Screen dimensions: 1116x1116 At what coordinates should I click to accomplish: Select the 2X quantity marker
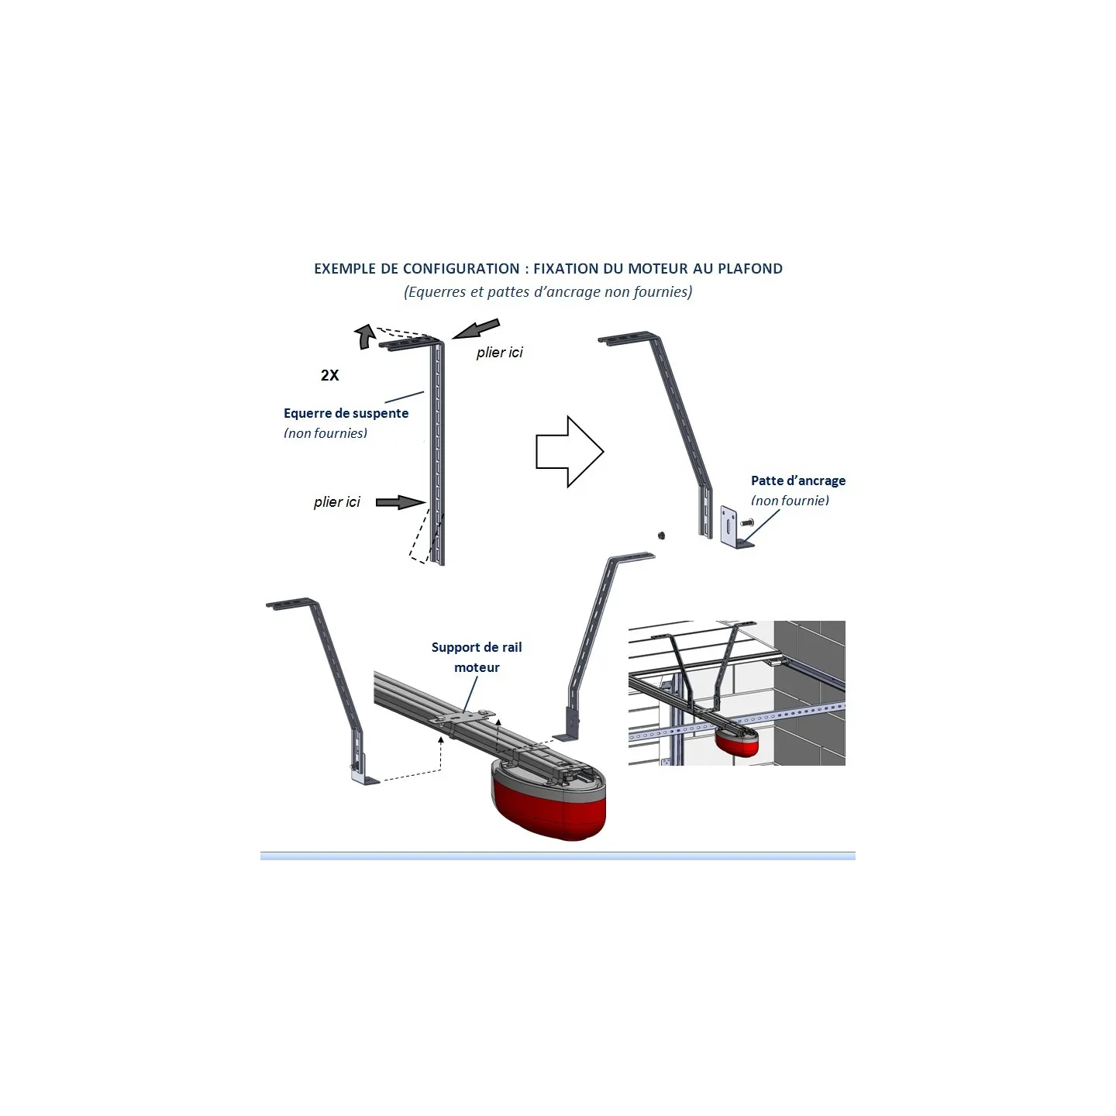click(x=329, y=375)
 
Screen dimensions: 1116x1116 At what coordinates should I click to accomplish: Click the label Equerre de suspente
click(x=346, y=413)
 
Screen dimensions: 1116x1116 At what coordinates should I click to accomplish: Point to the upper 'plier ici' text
click(x=499, y=352)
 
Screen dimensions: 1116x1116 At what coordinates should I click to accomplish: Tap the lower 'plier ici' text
click(x=336, y=501)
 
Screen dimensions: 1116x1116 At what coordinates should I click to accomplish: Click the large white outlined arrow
click(x=570, y=452)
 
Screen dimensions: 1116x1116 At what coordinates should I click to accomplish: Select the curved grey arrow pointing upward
click(x=364, y=336)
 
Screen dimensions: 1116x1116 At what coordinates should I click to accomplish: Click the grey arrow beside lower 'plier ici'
click(x=401, y=502)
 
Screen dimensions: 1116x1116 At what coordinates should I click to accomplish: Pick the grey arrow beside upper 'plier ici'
click(x=476, y=329)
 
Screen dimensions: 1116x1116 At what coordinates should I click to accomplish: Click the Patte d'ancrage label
click(x=797, y=480)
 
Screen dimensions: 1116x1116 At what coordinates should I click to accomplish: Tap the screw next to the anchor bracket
click(x=746, y=523)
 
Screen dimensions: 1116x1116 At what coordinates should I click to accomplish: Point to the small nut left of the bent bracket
click(x=661, y=535)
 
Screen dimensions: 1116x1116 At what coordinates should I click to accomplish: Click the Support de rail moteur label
click(x=476, y=657)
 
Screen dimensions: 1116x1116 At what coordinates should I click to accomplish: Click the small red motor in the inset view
click(x=737, y=742)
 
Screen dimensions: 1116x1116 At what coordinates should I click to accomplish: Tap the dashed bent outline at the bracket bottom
click(x=422, y=536)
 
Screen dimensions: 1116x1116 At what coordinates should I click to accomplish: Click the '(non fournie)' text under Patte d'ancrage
click(x=790, y=501)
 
